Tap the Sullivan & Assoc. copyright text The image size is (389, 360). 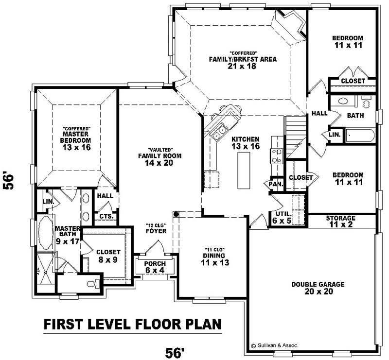pos(275,345)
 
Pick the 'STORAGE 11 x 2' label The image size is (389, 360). pos(340,222)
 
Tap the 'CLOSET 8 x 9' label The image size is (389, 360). pos(108,256)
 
